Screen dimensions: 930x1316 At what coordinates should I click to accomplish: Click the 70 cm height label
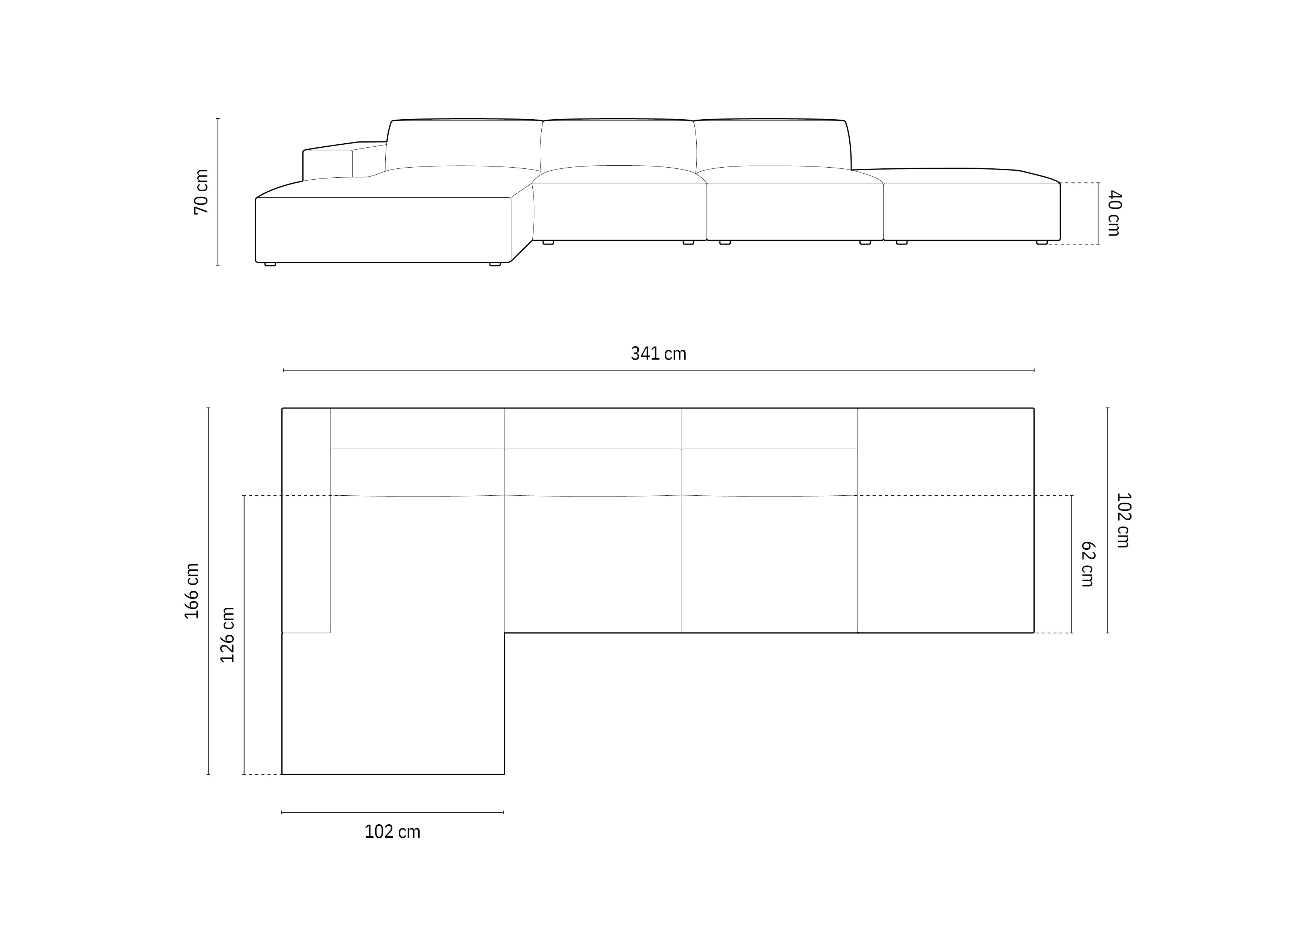pyautogui.click(x=201, y=192)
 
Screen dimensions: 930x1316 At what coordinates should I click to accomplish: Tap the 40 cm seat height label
pyautogui.click(x=1114, y=213)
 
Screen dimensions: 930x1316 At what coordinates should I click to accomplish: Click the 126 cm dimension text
pyautogui.click(x=228, y=635)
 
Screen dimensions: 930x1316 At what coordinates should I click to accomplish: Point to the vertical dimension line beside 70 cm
pyautogui.click(x=218, y=192)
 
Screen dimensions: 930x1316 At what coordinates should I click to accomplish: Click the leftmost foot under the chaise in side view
pyautogui.click(x=270, y=264)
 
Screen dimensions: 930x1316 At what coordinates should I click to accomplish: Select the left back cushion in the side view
pyautogui.click(x=463, y=143)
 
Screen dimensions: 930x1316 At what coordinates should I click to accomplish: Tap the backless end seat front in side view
pyautogui.click(x=972, y=211)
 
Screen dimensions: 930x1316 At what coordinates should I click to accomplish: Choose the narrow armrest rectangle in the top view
pyautogui.click(x=306, y=520)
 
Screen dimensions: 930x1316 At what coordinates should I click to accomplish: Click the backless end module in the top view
pyautogui.click(x=946, y=520)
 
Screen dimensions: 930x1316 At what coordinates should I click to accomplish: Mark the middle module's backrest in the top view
pyautogui.click(x=593, y=451)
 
